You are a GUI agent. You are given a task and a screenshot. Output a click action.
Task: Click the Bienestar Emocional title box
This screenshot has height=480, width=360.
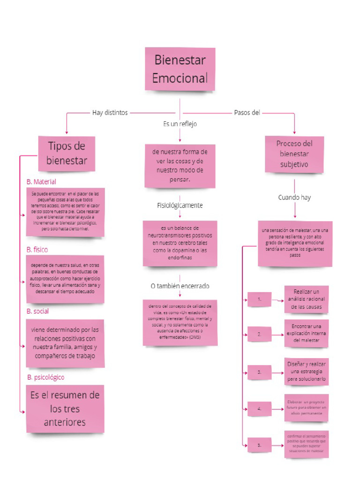pyautogui.click(x=180, y=69)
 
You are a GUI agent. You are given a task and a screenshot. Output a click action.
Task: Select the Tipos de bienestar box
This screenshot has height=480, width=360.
pyautogui.click(x=67, y=153)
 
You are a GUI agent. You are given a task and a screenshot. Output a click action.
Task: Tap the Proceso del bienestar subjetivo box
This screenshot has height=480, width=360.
pyautogui.click(x=294, y=154)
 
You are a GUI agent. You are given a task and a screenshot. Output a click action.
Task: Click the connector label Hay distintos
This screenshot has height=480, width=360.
pyautogui.click(x=110, y=112)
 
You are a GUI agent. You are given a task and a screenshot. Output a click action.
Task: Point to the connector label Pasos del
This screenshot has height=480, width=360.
pyautogui.click(x=247, y=112)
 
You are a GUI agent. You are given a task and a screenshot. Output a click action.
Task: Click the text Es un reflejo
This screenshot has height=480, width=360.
pyautogui.click(x=180, y=124)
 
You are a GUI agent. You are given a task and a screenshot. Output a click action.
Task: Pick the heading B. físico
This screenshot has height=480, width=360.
pyautogui.click(x=37, y=249)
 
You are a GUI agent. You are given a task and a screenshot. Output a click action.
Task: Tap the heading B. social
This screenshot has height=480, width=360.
pyautogui.click(x=37, y=311)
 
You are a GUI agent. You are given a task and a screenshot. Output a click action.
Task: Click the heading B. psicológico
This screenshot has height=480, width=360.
pyautogui.click(x=45, y=377)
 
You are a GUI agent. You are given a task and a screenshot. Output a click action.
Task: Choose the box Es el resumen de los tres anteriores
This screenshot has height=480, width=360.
pyautogui.click(x=65, y=409)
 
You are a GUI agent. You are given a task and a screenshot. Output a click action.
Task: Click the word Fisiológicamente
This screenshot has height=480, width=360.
pyautogui.click(x=180, y=205)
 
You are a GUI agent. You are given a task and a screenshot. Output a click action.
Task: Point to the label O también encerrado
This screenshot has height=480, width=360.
pyautogui.click(x=180, y=285)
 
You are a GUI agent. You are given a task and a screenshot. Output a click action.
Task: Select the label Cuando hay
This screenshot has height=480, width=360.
pyautogui.click(x=294, y=197)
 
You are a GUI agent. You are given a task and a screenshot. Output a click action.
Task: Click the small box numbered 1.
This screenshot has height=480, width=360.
pyautogui.click(x=259, y=299)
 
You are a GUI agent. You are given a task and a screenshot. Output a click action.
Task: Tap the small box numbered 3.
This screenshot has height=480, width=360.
pyautogui.click(x=259, y=372)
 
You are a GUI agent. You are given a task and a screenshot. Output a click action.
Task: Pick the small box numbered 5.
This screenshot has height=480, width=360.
pyautogui.click(x=259, y=445)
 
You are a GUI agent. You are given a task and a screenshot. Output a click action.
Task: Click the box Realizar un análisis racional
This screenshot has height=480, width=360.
pyautogui.click(x=306, y=299)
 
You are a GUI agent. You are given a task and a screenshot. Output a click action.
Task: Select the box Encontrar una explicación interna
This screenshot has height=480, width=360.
pyautogui.click(x=306, y=333)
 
